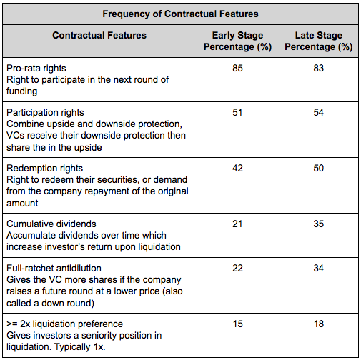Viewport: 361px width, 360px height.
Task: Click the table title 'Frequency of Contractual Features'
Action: [x=180, y=14]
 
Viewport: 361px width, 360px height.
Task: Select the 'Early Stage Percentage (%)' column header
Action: [x=238, y=41]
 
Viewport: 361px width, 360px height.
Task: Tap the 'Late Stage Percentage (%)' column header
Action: [x=319, y=41]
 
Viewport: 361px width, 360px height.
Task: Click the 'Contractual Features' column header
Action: [x=99, y=35]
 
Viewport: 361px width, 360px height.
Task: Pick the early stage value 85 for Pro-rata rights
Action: [x=237, y=68]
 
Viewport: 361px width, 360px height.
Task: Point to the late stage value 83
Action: [x=319, y=68]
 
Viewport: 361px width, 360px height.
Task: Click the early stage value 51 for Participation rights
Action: [x=237, y=112]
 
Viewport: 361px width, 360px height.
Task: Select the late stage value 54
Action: [x=319, y=112]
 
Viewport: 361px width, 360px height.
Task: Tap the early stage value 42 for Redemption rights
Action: [x=237, y=168]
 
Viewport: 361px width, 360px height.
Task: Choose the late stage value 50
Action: [x=319, y=168]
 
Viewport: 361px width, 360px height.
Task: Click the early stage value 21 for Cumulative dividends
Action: [x=237, y=224]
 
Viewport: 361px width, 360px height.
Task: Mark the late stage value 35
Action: [x=319, y=224]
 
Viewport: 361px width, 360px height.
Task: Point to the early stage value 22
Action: [x=237, y=268]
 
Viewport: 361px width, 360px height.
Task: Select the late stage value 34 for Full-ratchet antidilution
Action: [x=319, y=268]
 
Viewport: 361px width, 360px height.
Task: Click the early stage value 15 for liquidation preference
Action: [x=237, y=324]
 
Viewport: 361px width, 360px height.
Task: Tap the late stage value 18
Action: [x=319, y=324]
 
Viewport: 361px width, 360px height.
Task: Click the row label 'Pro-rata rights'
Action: [x=36, y=69]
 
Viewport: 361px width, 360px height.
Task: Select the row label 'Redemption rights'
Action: [x=44, y=169]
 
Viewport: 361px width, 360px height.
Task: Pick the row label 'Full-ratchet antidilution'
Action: [x=54, y=269]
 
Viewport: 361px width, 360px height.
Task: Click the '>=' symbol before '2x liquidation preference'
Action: [x=12, y=324]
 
